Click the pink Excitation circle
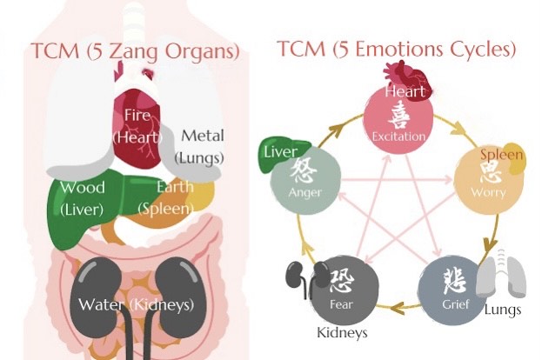(x=398, y=123)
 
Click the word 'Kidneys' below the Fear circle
(x=343, y=332)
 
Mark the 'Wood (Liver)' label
(x=83, y=198)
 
